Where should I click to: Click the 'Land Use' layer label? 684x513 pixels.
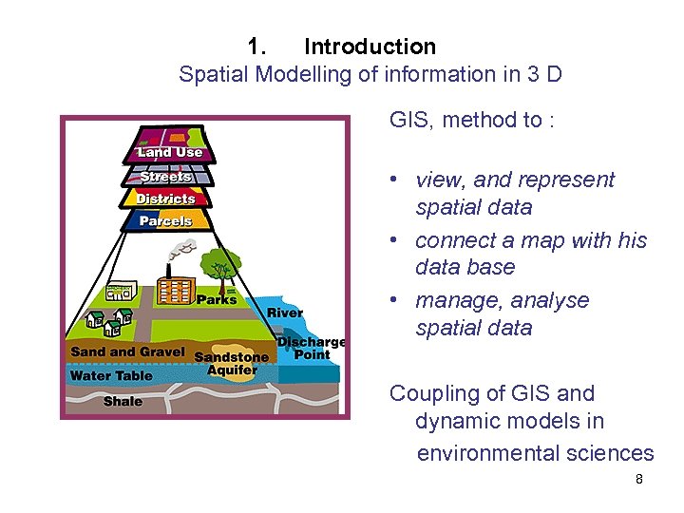click(x=169, y=152)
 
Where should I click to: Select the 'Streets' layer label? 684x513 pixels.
click(x=166, y=177)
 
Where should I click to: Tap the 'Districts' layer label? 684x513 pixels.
click(x=165, y=199)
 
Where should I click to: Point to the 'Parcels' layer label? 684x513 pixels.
click(x=165, y=221)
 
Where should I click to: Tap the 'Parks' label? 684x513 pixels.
click(x=217, y=300)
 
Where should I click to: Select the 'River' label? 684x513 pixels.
click(x=285, y=313)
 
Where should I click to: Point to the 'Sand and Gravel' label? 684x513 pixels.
click(x=127, y=351)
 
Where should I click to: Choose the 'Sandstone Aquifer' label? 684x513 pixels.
click(x=232, y=363)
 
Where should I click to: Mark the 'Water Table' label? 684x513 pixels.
click(x=110, y=375)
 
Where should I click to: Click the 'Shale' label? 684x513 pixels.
click(x=123, y=401)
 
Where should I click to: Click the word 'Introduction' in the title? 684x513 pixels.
click(x=370, y=46)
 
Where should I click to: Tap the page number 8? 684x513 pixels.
click(x=639, y=479)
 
